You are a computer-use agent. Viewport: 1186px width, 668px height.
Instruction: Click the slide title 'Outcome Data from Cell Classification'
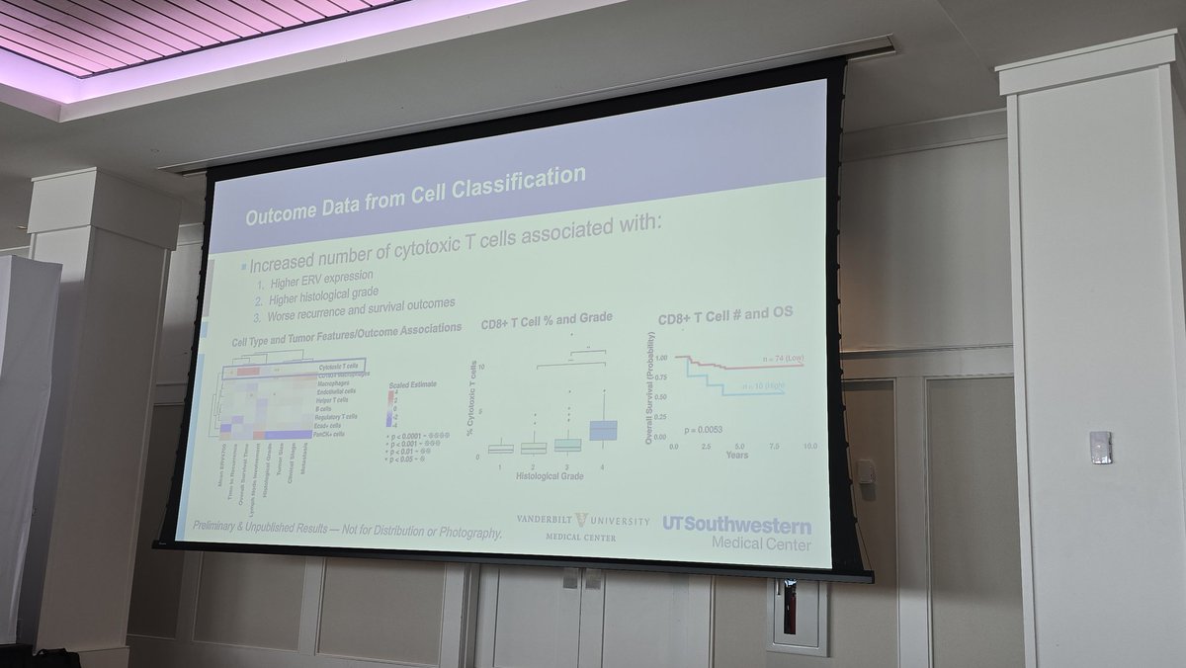pyautogui.click(x=415, y=192)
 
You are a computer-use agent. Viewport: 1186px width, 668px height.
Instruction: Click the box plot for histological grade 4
pyautogui.click(x=603, y=431)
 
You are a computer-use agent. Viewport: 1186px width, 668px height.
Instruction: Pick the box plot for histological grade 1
pyautogui.click(x=501, y=449)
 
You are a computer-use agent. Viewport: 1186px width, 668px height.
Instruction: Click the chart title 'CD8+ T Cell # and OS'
pyautogui.click(x=725, y=314)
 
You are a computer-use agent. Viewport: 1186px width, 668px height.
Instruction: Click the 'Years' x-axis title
pyautogui.click(x=735, y=455)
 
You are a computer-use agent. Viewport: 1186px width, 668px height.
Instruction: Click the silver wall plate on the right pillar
pyautogui.click(x=1099, y=448)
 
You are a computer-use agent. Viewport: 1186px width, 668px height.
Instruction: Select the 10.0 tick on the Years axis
pyautogui.click(x=809, y=447)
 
